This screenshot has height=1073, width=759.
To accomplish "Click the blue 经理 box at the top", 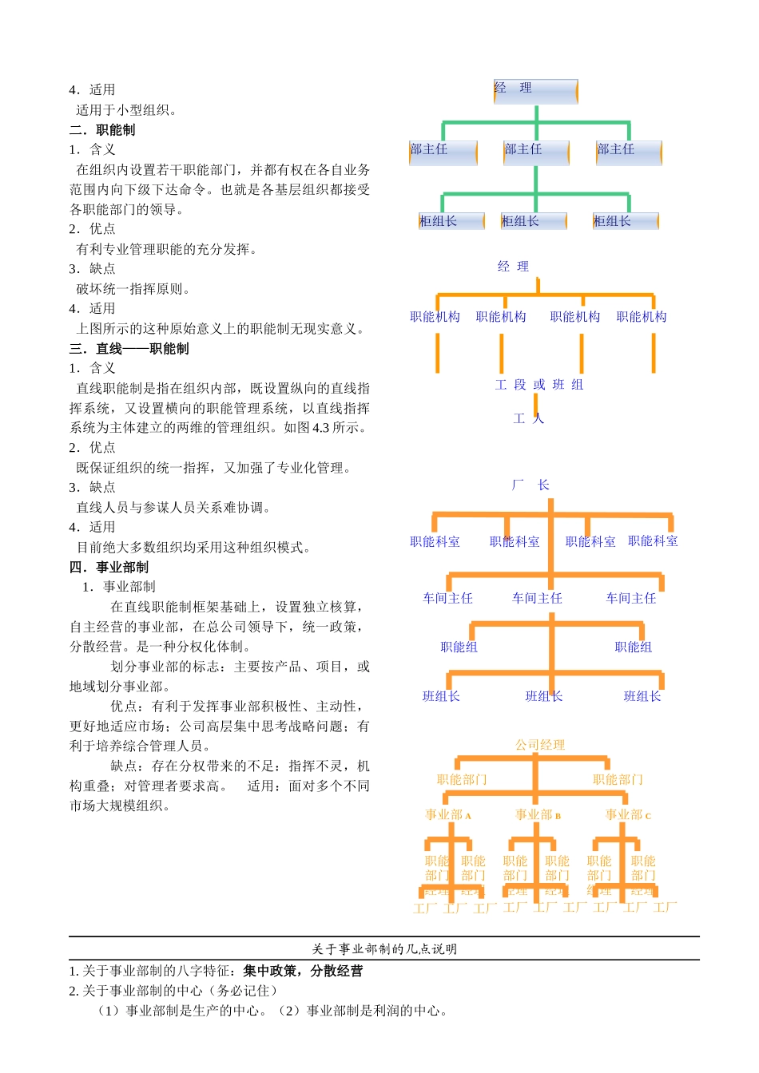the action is coord(535,91).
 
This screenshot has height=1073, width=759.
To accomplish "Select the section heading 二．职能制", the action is coord(102,130).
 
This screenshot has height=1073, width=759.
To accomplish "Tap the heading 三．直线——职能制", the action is coord(129,349).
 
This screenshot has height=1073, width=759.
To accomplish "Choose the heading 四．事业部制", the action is coord(109,568).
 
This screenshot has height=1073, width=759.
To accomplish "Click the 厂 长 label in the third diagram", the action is coord(531,485).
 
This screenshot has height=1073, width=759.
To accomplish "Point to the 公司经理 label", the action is coord(540,745).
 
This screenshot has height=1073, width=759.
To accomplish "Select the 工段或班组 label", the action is coord(539,385).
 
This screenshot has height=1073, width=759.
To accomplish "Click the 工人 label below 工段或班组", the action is coord(528,418).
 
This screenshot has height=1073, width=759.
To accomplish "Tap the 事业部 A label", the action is coord(448,815).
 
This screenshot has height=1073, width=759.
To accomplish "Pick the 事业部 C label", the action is coord(628,815).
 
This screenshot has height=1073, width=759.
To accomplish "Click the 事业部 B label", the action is coord(538,815).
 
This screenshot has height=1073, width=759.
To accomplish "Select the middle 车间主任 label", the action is coord(537,598).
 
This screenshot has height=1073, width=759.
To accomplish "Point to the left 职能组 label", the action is coord(459,647).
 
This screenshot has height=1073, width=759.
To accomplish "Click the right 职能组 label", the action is coord(634,647).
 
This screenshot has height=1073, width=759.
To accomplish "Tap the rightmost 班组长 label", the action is coord(642,696).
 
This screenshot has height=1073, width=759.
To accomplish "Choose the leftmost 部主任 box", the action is coord(443,152).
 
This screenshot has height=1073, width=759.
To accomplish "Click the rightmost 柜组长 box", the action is coord(626,221).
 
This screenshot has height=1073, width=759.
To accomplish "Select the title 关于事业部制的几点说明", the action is coord(384,949).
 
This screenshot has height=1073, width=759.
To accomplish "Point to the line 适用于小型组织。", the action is coord(126,110).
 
